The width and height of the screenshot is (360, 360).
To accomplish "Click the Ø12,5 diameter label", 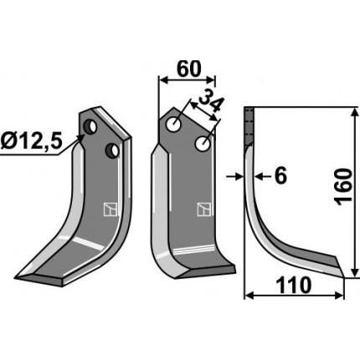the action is click(30, 141).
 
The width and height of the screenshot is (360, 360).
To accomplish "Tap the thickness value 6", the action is click(280, 177).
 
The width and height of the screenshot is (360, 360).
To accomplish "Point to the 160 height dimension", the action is click(344, 187).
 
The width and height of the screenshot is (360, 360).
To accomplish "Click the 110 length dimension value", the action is click(293, 285).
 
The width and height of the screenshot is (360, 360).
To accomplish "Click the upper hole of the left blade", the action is click(90, 126).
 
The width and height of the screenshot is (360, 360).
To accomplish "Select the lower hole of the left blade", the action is click(112, 150).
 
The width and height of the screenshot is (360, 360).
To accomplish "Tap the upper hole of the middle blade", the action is click(173, 124).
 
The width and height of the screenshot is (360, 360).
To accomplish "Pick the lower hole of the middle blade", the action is click(203, 144).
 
